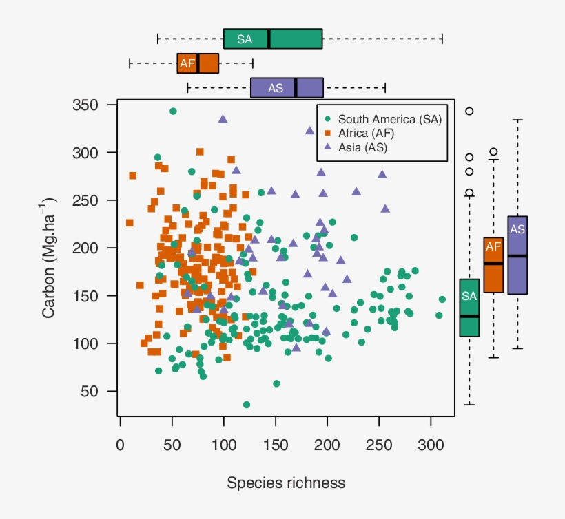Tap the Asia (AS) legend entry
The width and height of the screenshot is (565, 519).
pyautogui.click(x=362, y=147)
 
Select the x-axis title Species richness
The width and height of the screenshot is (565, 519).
pyautogui.click(x=286, y=483)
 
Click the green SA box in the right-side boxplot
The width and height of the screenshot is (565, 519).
pyautogui.click(x=469, y=308)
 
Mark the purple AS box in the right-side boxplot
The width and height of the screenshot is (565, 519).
pyautogui.click(x=517, y=255)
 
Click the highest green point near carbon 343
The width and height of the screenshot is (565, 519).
pyautogui.click(x=173, y=111)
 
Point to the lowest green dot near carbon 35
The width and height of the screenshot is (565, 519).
pyautogui.click(x=247, y=405)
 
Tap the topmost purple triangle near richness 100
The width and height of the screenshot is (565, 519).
pyautogui.click(x=223, y=118)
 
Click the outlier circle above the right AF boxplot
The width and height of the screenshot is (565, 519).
pyautogui.click(x=493, y=152)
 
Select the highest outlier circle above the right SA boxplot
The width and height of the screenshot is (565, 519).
pyautogui.click(x=469, y=111)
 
